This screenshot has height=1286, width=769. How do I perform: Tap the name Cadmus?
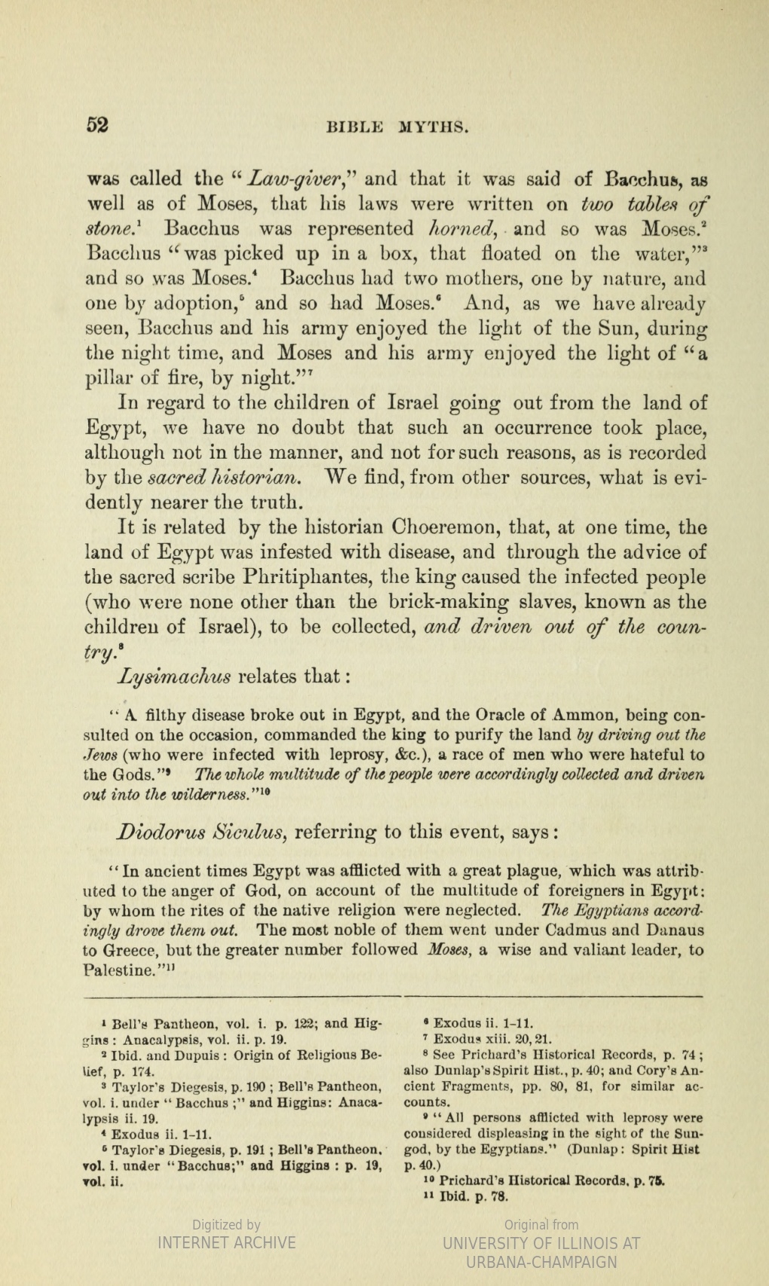coord(524,930)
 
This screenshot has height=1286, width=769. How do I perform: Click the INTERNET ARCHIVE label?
coord(226,1242)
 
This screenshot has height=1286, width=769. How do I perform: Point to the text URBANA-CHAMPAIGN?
coord(541,1262)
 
